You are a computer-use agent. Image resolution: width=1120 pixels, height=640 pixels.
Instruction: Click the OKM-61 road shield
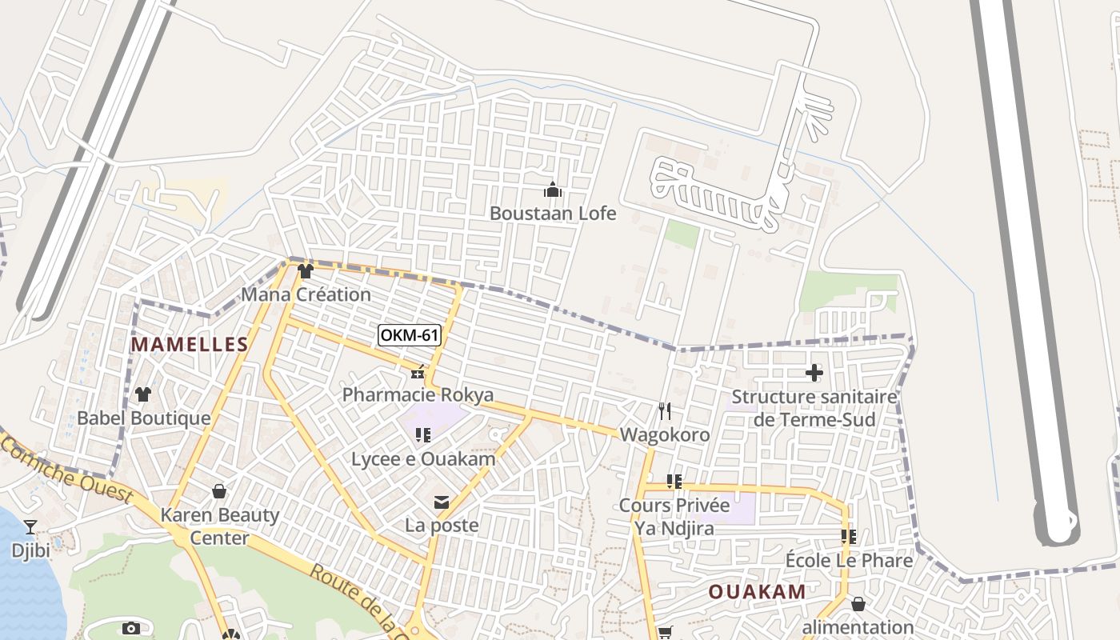(409, 335)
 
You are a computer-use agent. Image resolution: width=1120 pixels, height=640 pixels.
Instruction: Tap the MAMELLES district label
(190, 345)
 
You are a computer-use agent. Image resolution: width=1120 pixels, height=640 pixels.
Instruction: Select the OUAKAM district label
(757, 592)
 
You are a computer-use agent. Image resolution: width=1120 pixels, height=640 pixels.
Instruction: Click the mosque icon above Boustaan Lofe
(552, 190)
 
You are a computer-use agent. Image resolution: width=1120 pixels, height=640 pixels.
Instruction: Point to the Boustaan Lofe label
(553, 214)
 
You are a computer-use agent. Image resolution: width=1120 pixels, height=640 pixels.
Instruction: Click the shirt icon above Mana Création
(305, 271)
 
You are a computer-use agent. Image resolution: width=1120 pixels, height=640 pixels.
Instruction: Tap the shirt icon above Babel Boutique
(143, 394)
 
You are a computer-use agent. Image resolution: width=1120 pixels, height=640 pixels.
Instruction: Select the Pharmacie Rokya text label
(418, 395)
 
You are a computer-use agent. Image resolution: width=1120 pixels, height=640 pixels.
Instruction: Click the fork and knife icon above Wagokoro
(665, 411)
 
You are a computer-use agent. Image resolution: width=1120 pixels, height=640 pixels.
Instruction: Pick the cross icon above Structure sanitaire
(814, 372)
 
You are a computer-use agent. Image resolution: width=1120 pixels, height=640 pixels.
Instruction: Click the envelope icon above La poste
(441, 502)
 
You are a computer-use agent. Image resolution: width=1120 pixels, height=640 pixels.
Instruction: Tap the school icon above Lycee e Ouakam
(423, 435)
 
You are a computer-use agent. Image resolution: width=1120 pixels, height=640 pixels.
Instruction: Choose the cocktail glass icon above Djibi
(30, 526)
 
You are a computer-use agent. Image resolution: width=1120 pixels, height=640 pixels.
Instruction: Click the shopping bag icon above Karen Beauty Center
(219, 491)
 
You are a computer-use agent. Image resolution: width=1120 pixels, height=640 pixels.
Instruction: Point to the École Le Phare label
(849, 561)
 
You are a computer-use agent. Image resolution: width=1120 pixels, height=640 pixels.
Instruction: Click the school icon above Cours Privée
(674, 482)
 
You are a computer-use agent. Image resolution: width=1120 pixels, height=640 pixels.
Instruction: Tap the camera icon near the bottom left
(131, 629)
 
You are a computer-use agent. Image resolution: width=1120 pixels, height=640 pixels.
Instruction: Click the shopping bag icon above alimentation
(858, 604)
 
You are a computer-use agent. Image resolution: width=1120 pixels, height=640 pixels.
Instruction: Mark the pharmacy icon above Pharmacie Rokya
(417, 372)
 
